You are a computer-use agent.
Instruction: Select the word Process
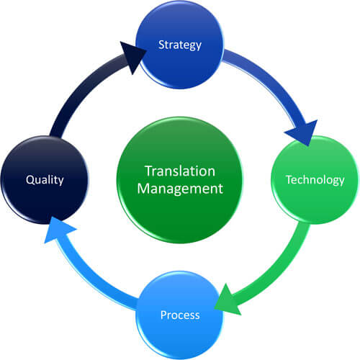coord(180,315)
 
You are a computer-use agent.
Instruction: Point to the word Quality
coord(45,180)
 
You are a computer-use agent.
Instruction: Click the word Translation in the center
coord(179,171)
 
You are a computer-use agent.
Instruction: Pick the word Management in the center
coord(179,190)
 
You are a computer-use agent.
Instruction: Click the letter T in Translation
coord(149,171)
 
